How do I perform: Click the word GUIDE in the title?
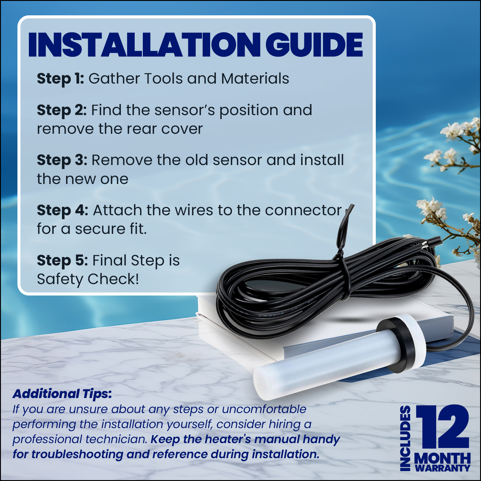point(314,44)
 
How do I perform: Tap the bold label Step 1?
point(60,79)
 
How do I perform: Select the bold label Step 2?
point(62,110)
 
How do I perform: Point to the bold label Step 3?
point(62,160)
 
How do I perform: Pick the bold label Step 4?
point(63,210)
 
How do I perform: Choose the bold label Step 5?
point(62,261)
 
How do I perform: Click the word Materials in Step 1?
point(255,78)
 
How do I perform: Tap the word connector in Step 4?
point(303,210)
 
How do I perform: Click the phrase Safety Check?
point(88,279)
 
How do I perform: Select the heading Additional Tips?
point(62,394)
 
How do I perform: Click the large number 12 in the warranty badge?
point(443,427)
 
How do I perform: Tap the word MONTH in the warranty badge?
point(442,458)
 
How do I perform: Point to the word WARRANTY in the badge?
point(442,468)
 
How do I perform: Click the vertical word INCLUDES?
point(405,438)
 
